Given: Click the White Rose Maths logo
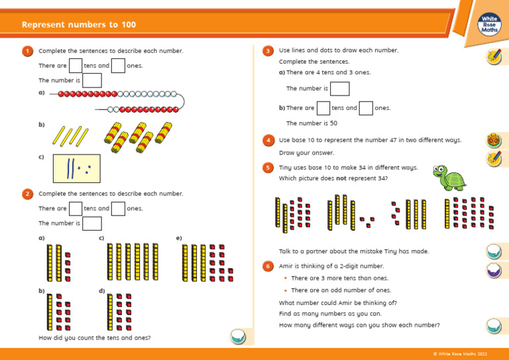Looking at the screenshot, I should point(489,25).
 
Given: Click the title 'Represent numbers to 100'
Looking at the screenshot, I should point(79,25).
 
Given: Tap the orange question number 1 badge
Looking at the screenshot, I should point(27,51).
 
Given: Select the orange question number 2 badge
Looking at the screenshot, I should point(27,194).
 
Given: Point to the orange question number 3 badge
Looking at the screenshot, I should point(268,51).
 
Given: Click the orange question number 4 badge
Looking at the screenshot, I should point(268,141).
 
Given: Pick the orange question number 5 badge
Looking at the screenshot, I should point(268,168).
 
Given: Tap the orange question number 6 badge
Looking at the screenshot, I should point(268,266).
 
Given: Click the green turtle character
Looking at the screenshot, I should point(449,178).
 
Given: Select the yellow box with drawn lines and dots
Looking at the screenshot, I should point(76,168).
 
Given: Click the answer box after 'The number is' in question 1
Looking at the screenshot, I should point(92,80).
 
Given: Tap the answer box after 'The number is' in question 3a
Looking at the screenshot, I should point(339,89).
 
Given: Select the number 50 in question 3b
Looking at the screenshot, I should point(333,123).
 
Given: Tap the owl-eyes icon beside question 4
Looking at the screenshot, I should point(494,141).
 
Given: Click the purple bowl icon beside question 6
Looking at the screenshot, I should point(494,270).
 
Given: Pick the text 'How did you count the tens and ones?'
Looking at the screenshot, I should point(95,338).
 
